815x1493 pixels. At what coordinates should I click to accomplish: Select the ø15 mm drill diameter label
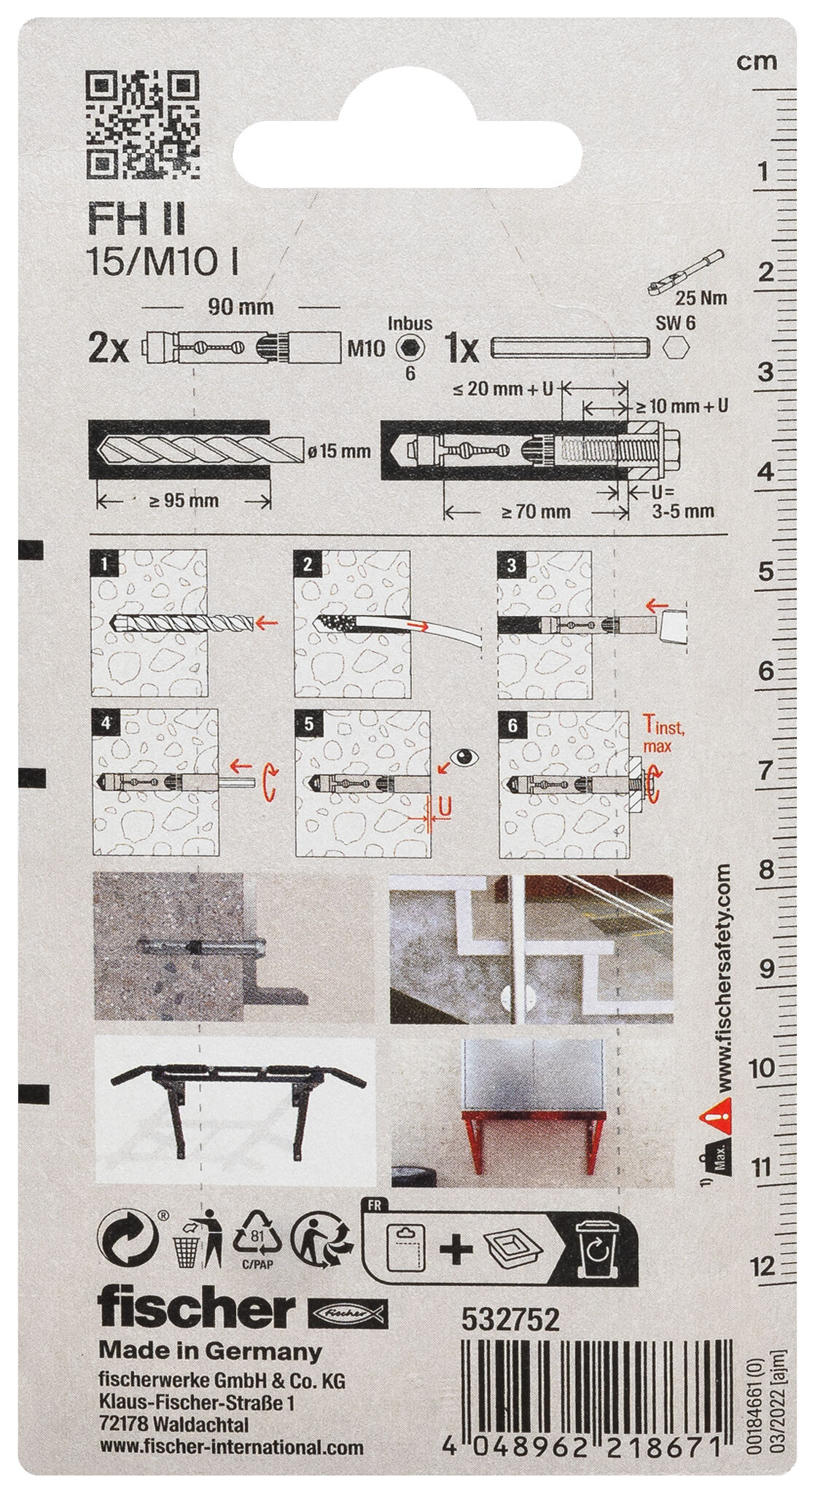pos(339,451)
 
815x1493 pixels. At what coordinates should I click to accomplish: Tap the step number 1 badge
pos(106,564)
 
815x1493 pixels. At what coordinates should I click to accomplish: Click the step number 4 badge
pos(106,725)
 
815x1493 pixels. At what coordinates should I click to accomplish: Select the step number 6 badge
pos(512,725)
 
